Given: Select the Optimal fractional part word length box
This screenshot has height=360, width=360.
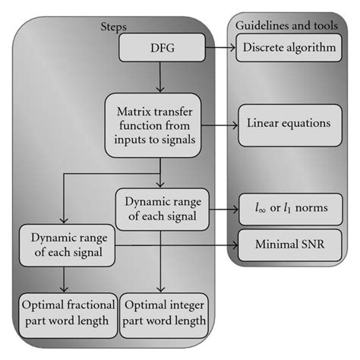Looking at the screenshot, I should (x=66, y=313).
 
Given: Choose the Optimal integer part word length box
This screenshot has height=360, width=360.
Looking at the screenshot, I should (x=163, y=313).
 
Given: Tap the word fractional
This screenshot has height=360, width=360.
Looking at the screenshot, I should (x=86, y=305).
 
